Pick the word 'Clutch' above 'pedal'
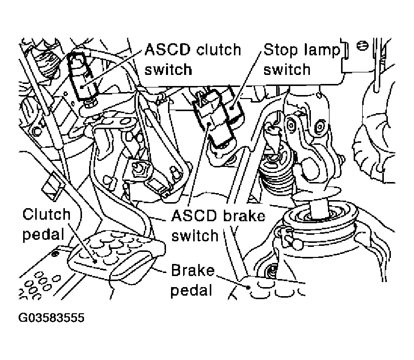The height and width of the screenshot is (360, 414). click(x=47, y=214)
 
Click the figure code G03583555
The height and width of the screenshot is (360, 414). click(x=51, y=318)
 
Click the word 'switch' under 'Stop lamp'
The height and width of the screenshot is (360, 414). click(x=287, y=69)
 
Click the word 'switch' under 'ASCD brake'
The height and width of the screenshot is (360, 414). click(x=195, y=235)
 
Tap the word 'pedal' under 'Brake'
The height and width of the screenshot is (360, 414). click(x=192, y=290)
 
